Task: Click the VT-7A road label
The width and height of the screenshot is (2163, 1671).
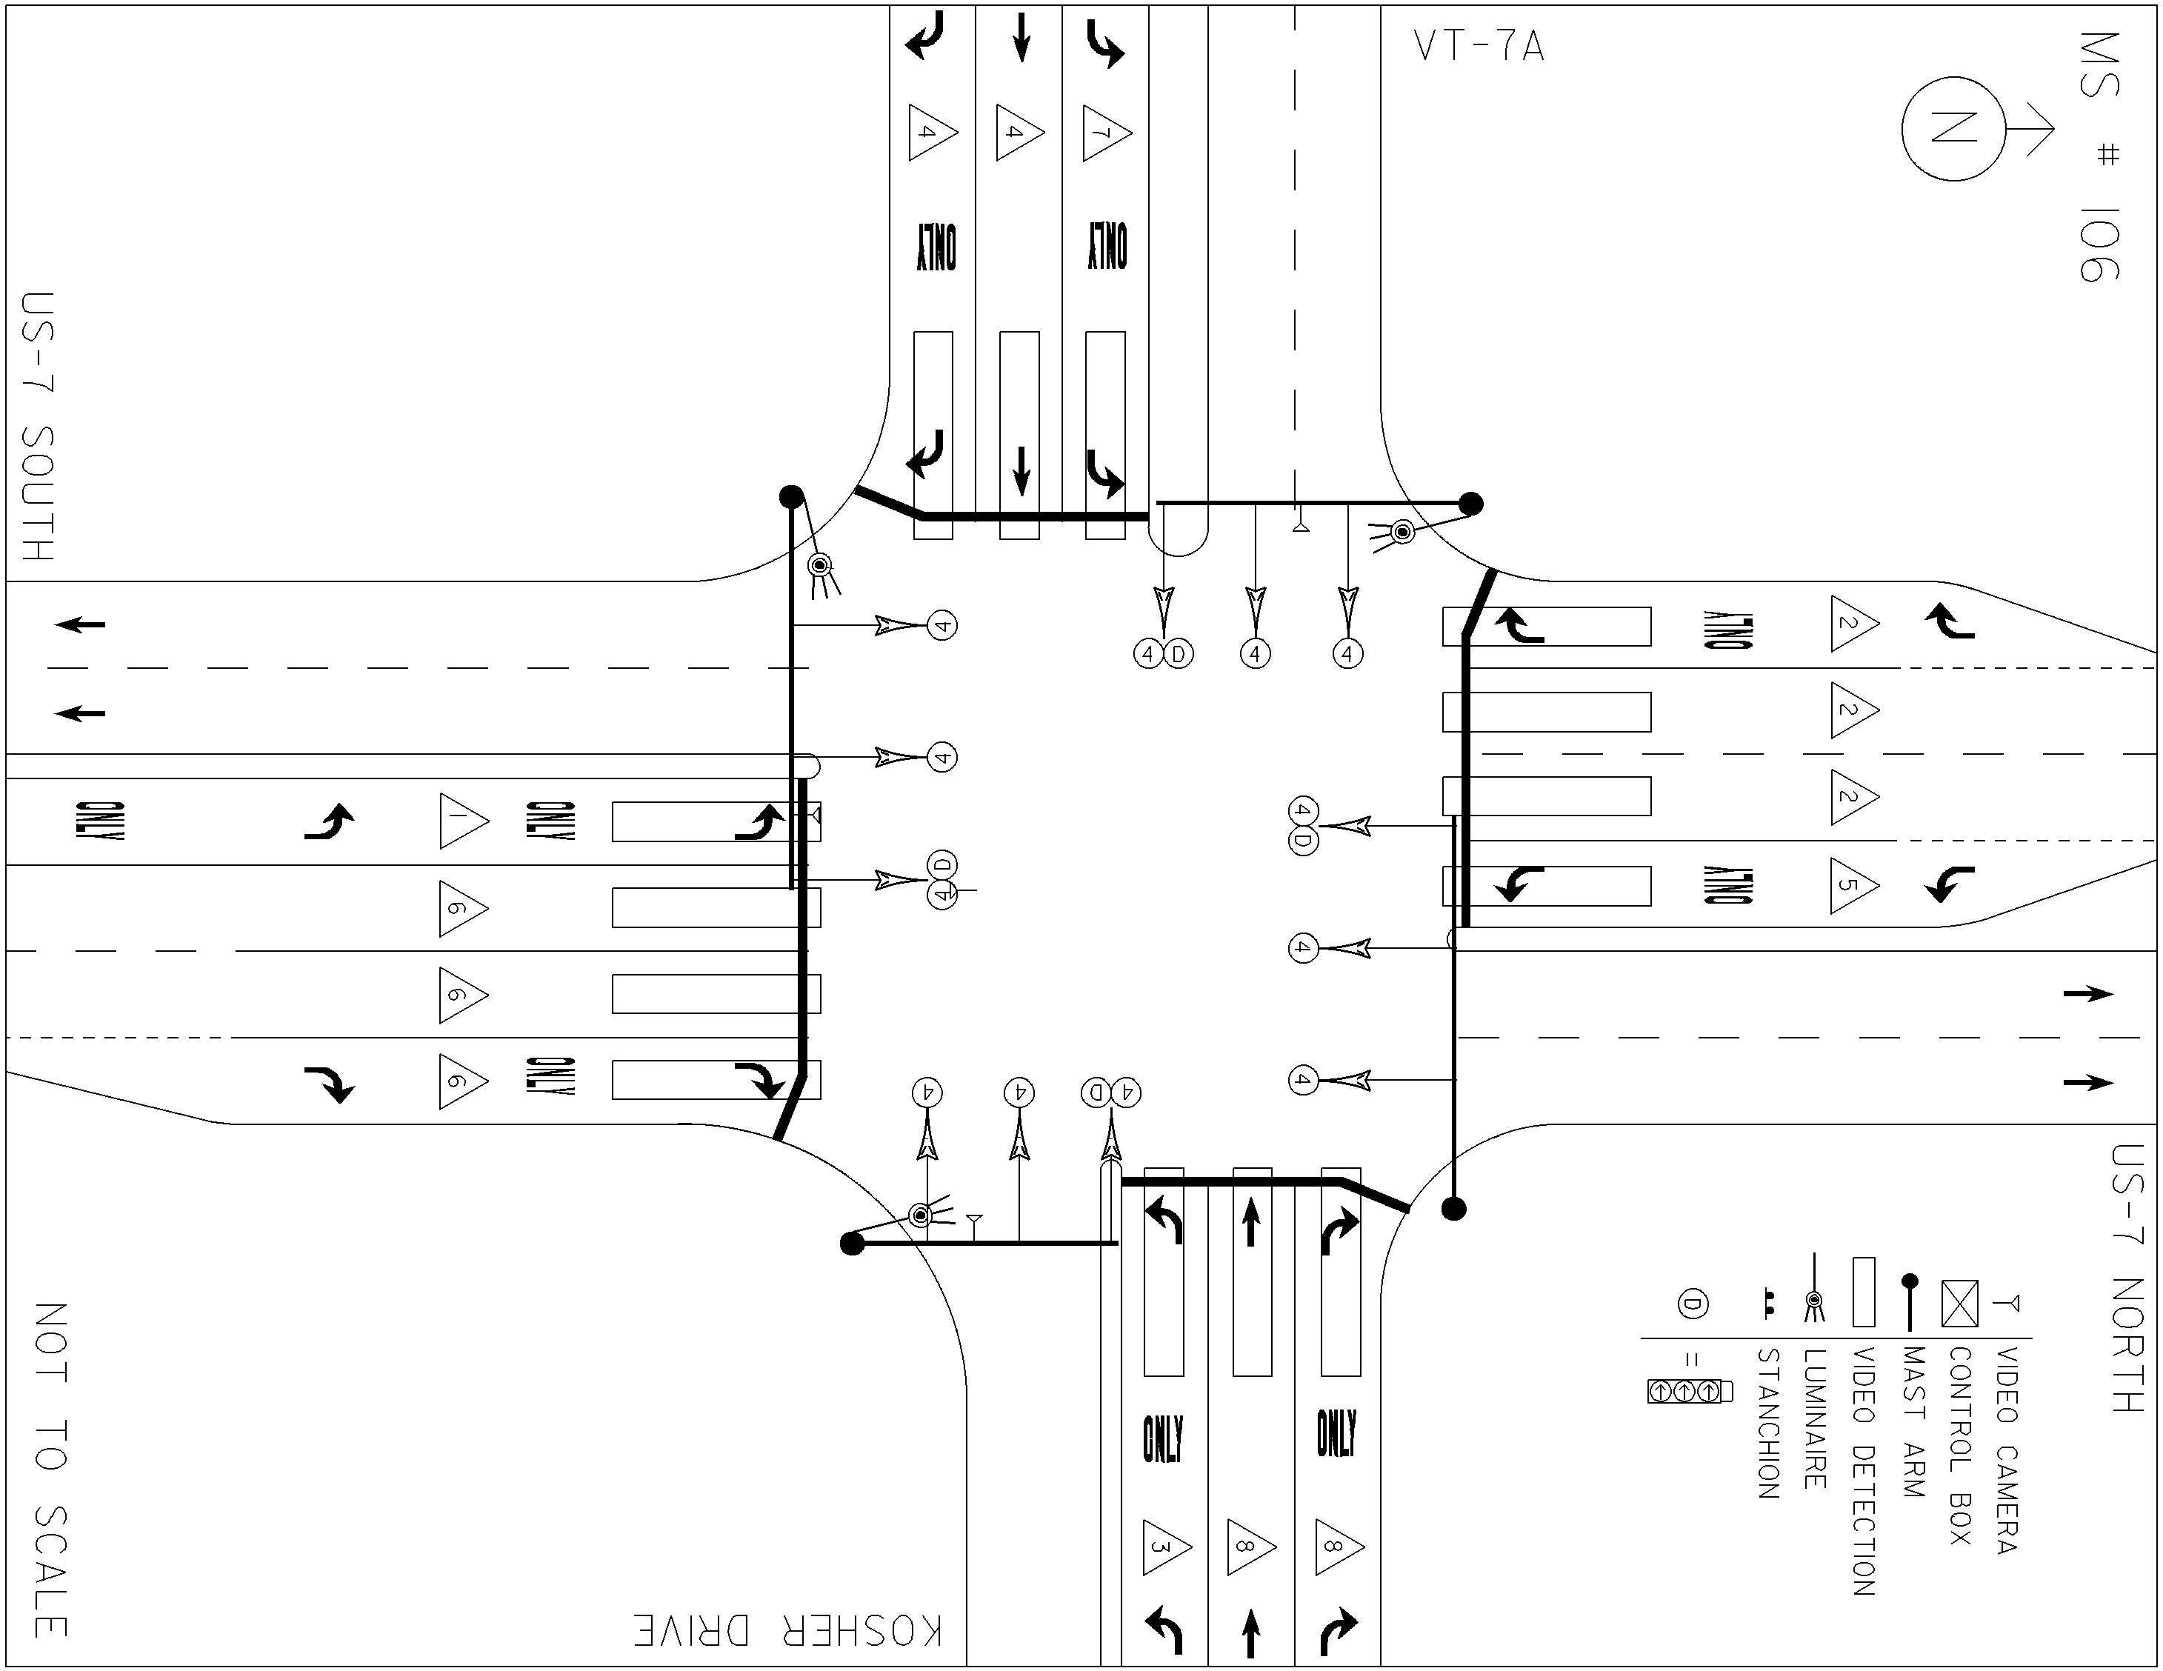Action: click(x=1479, y=47)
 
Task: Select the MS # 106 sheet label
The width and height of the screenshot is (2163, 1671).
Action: click(x=2099, y=156)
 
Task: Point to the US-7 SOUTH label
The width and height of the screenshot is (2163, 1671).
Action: click(x=38, y=427)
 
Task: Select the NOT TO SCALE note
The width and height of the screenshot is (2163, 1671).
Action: click(x=50, y=1470)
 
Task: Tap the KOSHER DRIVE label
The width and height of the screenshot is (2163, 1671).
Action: click(x=788, y=1630)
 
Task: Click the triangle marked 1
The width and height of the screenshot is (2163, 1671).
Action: click(x=464, y=821)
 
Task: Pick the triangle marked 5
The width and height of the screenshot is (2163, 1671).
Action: click(x=1854, y=884)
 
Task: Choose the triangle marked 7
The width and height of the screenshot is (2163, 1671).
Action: click(x=1106, y=132)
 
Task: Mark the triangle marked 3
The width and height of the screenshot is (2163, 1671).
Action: click(x=1166, y=1547)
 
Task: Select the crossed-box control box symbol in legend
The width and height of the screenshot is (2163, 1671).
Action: click(x=1960, y=1304)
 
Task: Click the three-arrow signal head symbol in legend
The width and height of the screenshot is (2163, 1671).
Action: click(x=1690, y=1392)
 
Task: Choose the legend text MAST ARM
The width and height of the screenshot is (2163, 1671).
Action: click(x=1913, y=1422)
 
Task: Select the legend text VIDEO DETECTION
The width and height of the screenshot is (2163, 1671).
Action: click(x=1863, y=1471)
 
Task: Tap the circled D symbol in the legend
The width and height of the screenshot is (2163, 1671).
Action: click(x=1693, y=1304)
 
